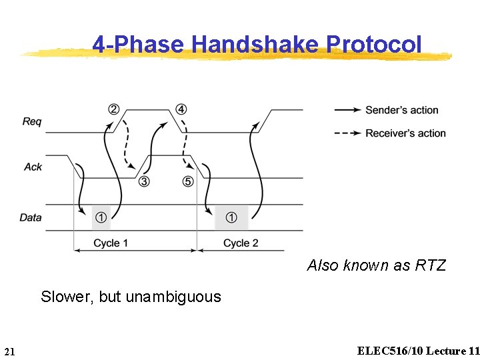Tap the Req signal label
[32, 121]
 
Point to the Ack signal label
[33, 167]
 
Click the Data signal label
[31, 217]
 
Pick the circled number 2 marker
[114, 109]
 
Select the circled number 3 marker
[143, 181]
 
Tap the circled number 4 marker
[181, 109]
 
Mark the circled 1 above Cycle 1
[101, 217]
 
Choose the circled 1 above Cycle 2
[231, 217]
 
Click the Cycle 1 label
[111, 243]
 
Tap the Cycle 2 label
[241, 243]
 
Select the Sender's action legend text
[401, 110]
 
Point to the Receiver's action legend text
[405, 133]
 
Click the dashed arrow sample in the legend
[347, 133]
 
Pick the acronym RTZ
[430, 265]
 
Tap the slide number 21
[9, 351]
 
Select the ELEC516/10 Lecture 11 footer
[418, 351]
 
